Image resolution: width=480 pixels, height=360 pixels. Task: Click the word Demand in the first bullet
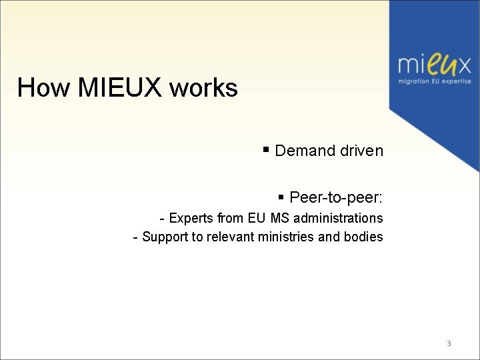[x=305, y=151]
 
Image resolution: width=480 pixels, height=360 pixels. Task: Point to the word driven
[x=361, y=151]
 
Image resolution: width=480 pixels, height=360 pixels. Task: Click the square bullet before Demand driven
[x=266, y=149]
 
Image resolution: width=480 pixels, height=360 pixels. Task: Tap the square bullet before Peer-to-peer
[x=281, y=197]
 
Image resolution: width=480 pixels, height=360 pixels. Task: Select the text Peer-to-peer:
[x=336, y=198]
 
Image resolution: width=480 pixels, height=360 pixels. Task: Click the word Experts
[x=191, y=218]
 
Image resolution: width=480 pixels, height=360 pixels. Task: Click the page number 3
[x=449, y=343]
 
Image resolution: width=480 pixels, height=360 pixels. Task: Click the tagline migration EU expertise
[x=435, y=81]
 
